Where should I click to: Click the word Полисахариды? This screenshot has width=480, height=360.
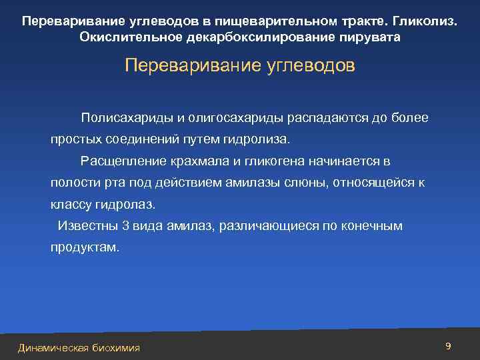click(x=137, y=118)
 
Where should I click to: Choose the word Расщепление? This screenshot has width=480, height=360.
click(x=122, y=161)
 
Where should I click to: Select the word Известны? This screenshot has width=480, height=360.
click(x=85, y=225)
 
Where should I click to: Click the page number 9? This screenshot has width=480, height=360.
click(x=448, y=346)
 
